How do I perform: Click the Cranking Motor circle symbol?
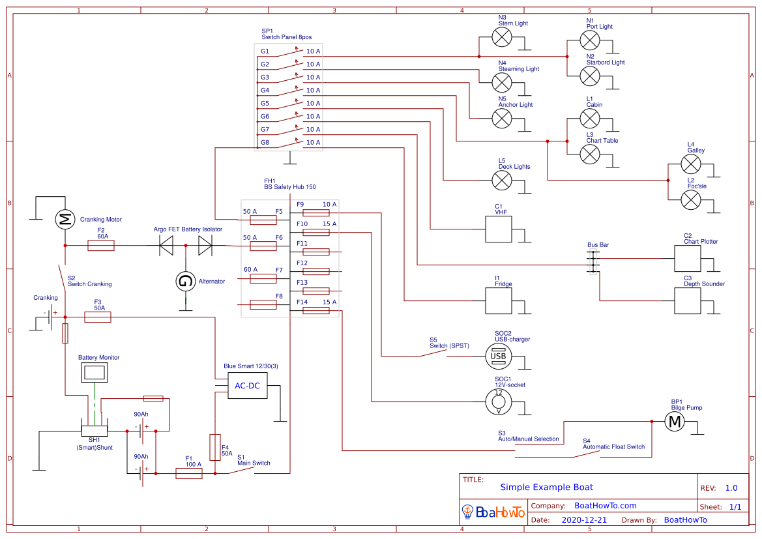65,220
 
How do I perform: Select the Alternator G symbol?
186,282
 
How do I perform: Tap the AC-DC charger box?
247,386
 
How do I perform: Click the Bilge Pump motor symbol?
675,422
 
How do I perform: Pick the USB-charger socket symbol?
498,356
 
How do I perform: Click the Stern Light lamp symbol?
501,38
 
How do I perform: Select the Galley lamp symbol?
690,164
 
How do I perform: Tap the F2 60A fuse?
101,245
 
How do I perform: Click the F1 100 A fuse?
189,474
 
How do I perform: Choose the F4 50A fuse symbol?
214,447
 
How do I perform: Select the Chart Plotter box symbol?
686,259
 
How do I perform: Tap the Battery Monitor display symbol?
95,373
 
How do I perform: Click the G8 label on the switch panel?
265,142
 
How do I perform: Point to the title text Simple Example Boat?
546,487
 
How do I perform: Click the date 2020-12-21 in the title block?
584,519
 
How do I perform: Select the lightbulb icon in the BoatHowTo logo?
467,512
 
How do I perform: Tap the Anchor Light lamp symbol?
501,119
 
